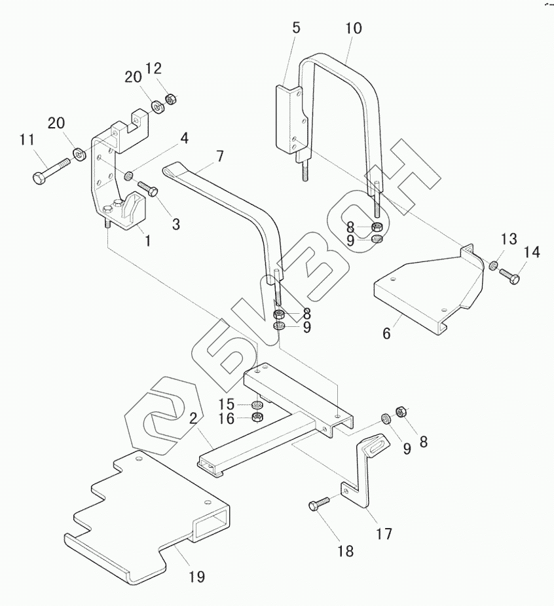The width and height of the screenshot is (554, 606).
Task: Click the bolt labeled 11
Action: click(51, 170)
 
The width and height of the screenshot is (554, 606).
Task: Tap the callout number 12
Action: click(153, 68)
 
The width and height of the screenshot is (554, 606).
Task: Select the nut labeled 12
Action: click(171, 100)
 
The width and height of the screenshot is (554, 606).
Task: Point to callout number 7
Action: click(219, 156)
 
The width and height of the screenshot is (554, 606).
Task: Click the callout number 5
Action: click(296, 28)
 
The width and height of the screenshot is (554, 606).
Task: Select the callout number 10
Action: click(354, 28)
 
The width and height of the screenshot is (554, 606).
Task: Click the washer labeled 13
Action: click(493, 266)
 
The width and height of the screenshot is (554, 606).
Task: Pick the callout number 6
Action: click(387, 333)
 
